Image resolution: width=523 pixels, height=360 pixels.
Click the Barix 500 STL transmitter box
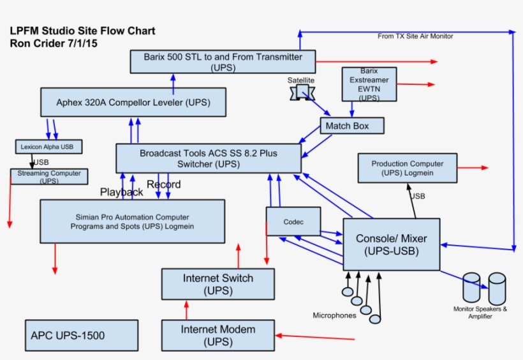click(223, 62)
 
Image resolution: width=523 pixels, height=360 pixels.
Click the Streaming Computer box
click(49, 177)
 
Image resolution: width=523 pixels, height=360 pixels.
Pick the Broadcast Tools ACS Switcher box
click(209, 158)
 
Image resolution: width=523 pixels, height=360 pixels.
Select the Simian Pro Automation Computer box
click(133, 221)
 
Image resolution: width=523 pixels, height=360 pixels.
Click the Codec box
click(293, 221)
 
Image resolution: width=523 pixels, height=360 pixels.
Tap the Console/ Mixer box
click(391, 244)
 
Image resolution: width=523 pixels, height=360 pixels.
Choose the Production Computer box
click(407, 169)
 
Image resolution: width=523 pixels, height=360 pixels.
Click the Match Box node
click(352, 126)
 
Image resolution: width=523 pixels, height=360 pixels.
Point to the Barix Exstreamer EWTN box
click(369, 85)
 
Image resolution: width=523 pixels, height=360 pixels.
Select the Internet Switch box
click(218, 284)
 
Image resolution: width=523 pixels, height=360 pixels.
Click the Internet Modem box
click(218, 336)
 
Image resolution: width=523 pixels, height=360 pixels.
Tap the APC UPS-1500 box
click(82, 336)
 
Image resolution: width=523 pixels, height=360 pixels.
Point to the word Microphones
click(334, 315)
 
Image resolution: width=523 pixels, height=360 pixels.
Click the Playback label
click(121, 192)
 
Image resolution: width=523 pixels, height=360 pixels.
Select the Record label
click(164, 184)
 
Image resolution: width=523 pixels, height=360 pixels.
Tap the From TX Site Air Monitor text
click(415, 36)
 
